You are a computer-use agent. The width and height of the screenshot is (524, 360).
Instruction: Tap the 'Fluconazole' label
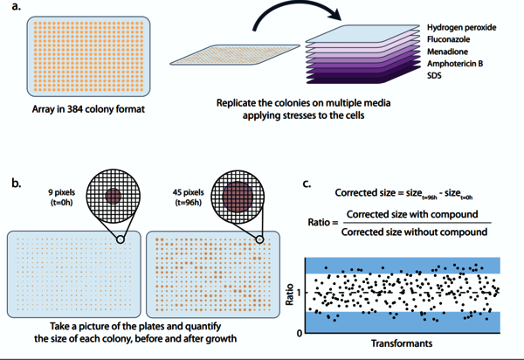click(x=452, y=40)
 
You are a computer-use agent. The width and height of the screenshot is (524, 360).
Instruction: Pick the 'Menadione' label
click(x=450, y=52)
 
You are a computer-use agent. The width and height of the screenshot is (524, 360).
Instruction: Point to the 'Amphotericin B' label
click(x=456, y=65)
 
